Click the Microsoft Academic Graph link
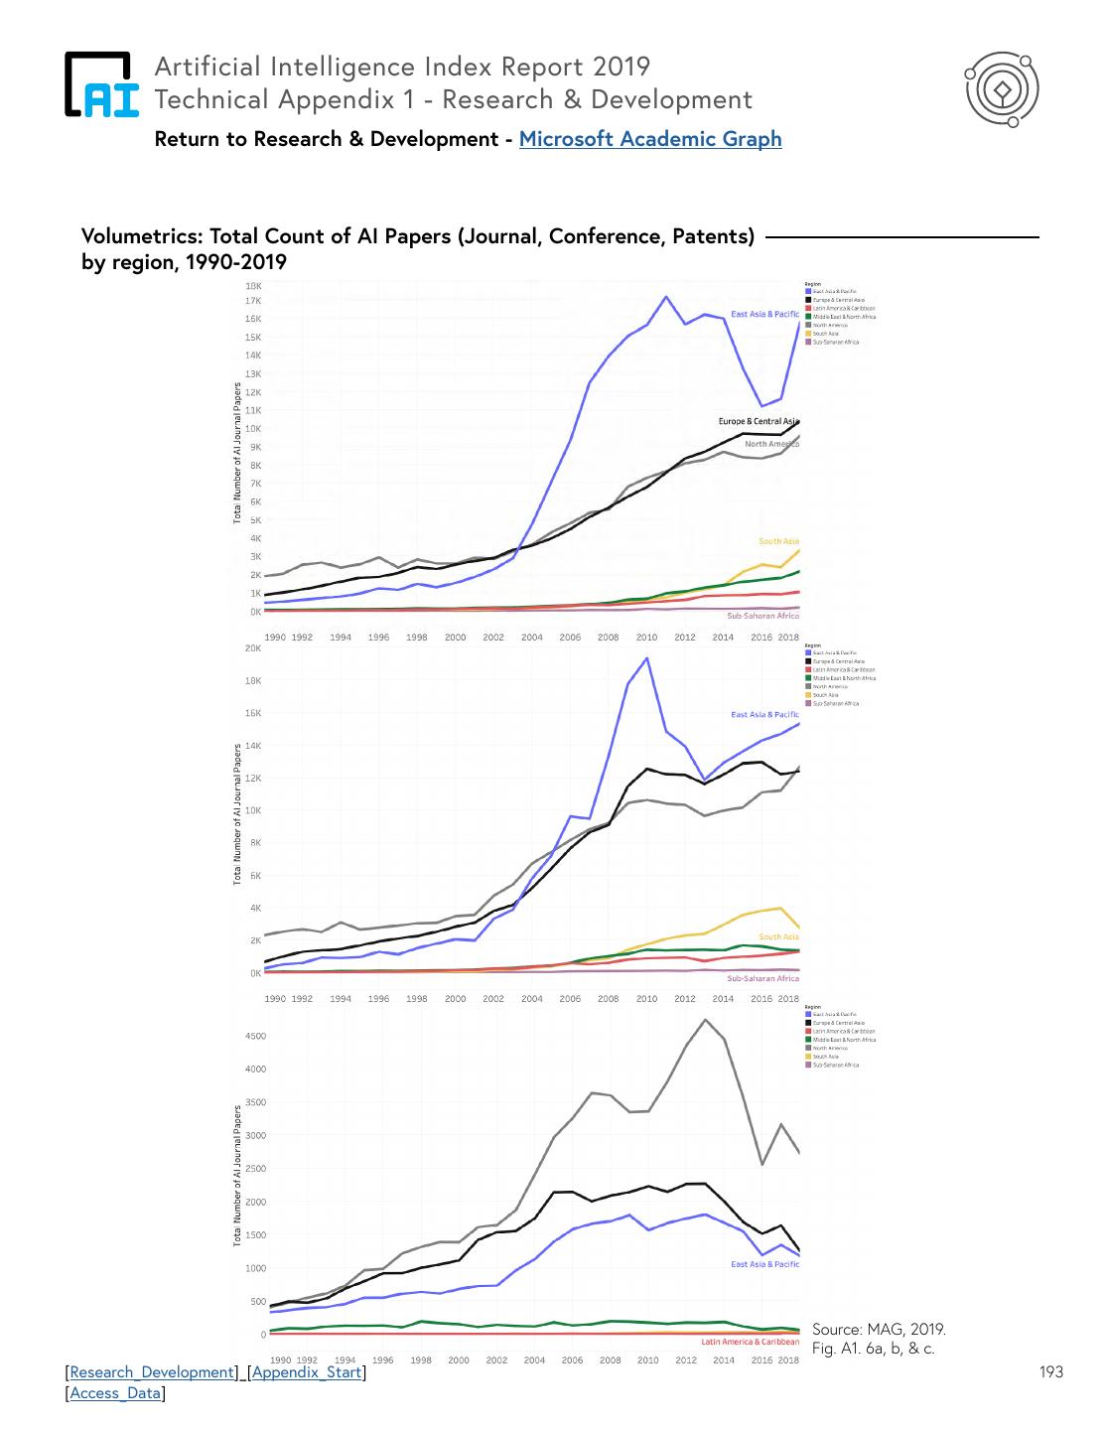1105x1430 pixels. (650, 139)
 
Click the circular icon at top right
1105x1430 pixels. (1002, 90)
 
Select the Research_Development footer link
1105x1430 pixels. (152, 1372)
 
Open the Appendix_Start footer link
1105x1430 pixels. (307, 1372)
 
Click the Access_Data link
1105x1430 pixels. (115, 1393)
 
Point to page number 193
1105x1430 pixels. (1050, 1372)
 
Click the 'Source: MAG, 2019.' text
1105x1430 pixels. (879, 1330)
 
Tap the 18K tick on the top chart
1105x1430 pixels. (253, 285)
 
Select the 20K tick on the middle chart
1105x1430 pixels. (253, 648)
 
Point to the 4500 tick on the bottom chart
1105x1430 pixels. (255, 1036)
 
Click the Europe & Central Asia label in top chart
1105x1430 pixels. (759, 421)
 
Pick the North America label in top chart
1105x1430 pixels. (771, 444)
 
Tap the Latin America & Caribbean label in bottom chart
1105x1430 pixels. (750, 1342)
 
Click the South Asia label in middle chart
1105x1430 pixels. (778, 936)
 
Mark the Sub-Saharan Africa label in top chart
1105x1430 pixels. (762, 616)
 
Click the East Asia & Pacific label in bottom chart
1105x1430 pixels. (764, 1264)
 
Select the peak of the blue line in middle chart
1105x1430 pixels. (647, 657)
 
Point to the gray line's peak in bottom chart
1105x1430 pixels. (706, 1020)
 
